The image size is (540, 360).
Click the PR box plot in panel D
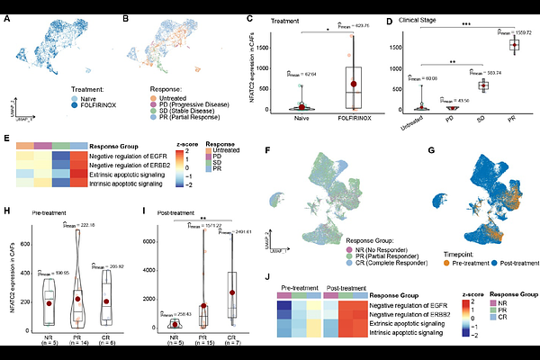click(x=515, y=44)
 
